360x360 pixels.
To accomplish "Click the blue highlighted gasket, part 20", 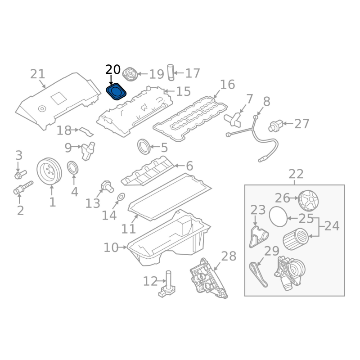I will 117,92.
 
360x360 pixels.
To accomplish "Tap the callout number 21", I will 38,74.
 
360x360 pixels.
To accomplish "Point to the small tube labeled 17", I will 170,72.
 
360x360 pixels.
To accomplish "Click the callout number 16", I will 227,84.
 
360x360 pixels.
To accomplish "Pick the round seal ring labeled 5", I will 144,147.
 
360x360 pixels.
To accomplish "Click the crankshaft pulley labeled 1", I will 50,171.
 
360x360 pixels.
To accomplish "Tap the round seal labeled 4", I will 73,168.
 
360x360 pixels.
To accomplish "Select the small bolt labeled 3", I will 20,174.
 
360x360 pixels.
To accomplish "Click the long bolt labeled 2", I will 23,188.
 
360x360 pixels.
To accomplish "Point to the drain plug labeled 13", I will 106,186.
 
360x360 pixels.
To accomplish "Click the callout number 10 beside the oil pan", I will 111,247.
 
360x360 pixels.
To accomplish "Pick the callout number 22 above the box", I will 296,174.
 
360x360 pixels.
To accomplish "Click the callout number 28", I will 229,256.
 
